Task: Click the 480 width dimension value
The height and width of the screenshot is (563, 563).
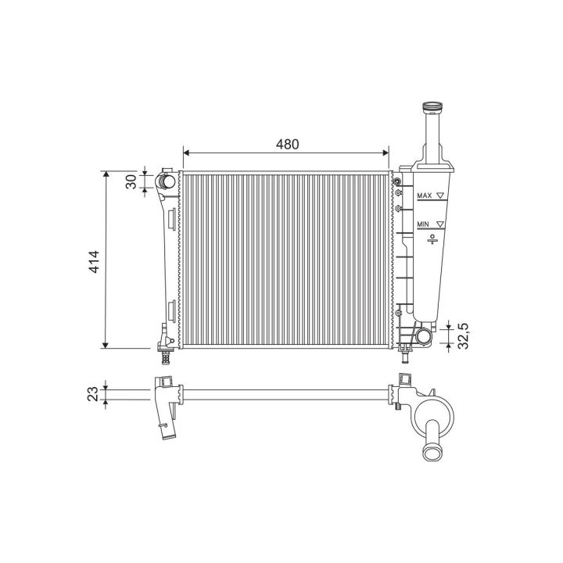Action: click(287, 144)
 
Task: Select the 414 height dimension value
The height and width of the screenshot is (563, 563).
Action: click(94, 262)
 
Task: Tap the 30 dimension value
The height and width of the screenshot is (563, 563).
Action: click(131, 181)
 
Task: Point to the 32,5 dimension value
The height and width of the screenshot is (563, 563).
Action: click(464, 336)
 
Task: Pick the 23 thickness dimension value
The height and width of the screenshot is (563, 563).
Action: click(92, 394)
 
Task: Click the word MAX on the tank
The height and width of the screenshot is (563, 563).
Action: click(425, 195)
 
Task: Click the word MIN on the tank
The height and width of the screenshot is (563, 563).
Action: click(423, 224)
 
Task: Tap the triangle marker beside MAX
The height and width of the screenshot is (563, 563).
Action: click(440, 195)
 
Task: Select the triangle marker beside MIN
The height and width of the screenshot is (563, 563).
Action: click(440, 224)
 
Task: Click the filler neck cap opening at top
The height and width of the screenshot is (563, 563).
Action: click(432, 106)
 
